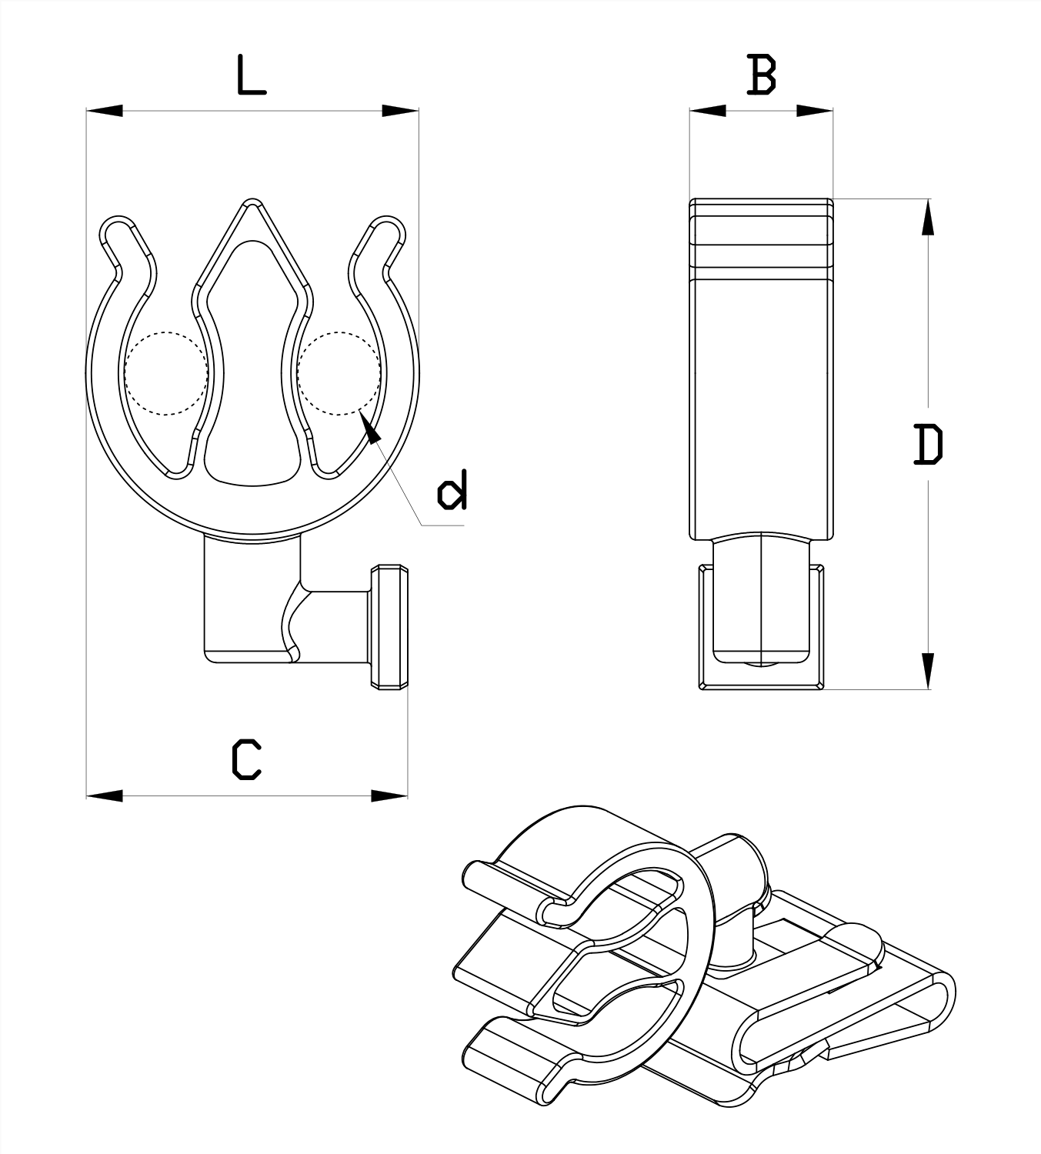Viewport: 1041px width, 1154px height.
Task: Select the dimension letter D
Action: [x=928, y=444]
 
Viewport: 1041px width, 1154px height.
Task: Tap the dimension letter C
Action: [x=247, y=759]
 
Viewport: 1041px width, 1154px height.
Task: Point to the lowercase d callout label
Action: [x=452, y=492]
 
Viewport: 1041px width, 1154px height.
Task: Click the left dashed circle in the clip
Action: [x=165, y=374]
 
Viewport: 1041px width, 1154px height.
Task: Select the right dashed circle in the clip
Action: [x=339, y=374]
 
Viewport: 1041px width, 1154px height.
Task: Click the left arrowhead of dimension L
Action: [x=105, y=111]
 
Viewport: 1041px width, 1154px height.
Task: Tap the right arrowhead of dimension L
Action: [x=400, y=111]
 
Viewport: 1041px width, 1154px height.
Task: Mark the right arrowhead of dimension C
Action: [x=389, y=795]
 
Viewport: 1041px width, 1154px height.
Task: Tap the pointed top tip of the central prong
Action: [x=251, y=204]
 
